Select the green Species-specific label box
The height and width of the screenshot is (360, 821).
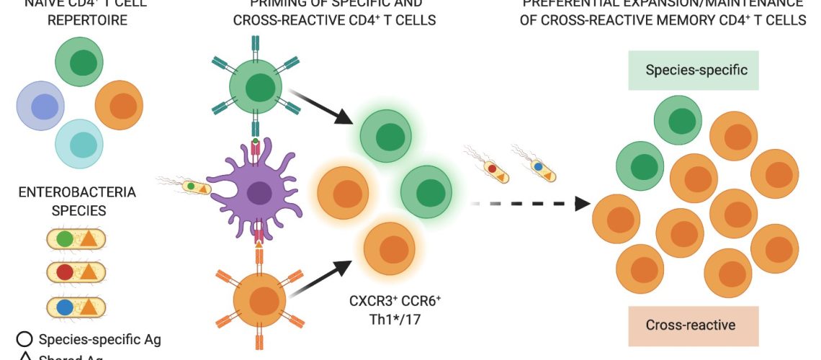[696, 70]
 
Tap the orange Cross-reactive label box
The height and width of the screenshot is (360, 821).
[690, 325]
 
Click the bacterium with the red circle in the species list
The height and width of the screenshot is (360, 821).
[76, 271]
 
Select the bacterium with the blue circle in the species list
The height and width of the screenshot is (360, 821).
[76, 307]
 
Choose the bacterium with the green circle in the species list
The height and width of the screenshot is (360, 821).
[76, 238]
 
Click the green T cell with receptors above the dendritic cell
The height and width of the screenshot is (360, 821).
[256, 89]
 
